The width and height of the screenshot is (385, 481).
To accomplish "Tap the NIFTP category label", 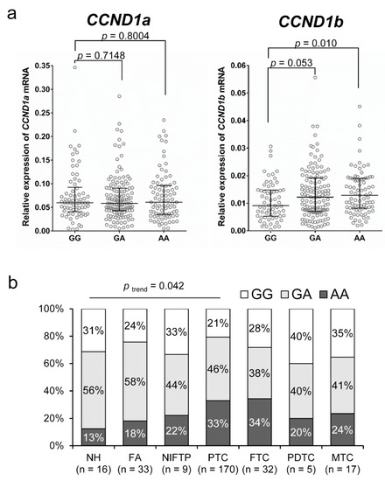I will [171, 457].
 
